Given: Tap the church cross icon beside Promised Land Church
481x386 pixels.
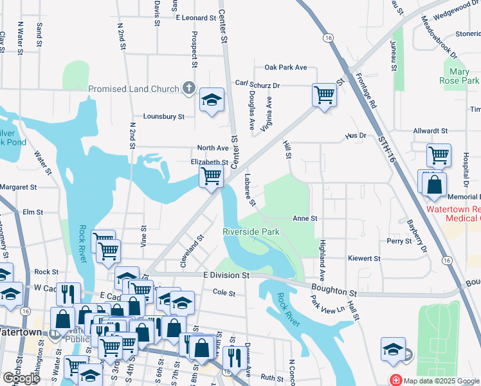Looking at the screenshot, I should tap(188, 87).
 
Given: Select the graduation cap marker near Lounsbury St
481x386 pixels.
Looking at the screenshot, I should tap(212, 100).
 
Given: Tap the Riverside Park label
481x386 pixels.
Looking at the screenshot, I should tap(251, 231).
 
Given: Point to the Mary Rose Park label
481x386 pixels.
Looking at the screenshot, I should tap(464, 76).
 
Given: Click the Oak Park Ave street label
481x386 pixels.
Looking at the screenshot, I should tap(286, 68).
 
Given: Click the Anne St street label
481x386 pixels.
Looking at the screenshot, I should tap(305, 219).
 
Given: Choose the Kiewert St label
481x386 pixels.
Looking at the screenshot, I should tap(364, 259).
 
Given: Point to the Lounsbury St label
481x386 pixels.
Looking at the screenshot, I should tap(164, 116).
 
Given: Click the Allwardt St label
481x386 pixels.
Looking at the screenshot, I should tap(430, 131).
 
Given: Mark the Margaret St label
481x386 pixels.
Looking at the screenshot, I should tap(19, 187).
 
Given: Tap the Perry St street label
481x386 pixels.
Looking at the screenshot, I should tap(399, 241).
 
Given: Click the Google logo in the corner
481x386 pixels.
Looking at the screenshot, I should tap(21, 378).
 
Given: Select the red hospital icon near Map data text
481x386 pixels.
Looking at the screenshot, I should tap(396, 380).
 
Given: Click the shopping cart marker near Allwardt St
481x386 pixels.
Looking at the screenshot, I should tap(438, 155).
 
